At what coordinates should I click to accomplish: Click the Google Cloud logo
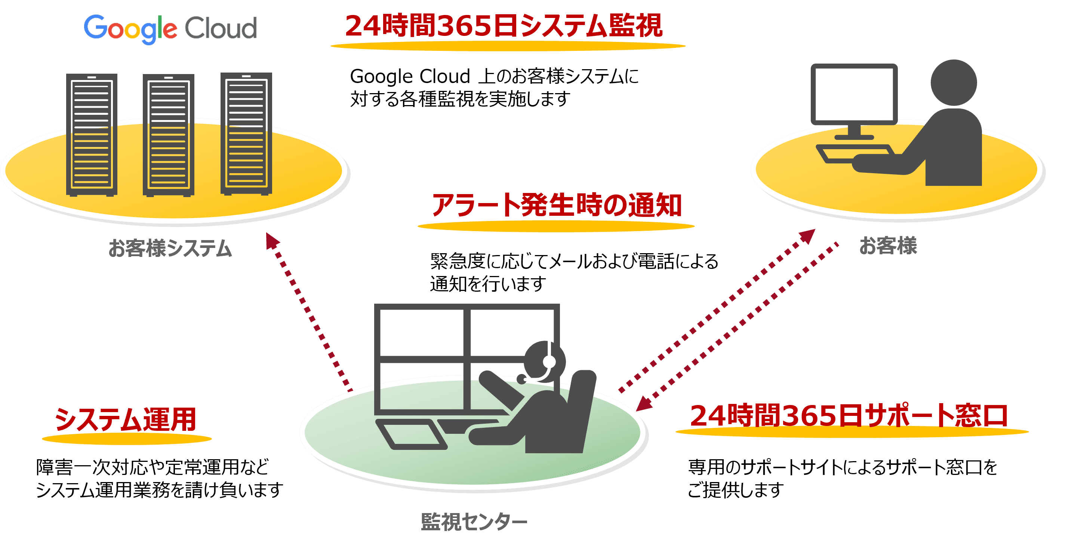point(170,30)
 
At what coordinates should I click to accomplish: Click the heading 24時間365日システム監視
point(504,26)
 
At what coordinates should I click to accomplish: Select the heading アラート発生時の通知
point(556,205)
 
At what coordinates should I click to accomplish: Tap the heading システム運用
point(125,419)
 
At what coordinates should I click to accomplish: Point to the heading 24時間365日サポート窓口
point(849,415)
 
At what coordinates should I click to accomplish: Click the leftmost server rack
point(92,135)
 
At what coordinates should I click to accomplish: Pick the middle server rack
point(168,135)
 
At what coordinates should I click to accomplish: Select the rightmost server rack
point(246,134)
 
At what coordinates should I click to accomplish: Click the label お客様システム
point(170,248)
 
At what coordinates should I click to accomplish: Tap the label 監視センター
point(474,522)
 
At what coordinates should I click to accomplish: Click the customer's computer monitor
point(854,94)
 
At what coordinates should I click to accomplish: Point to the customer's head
point(953,83)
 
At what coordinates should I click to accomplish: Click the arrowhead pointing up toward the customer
point(807,236)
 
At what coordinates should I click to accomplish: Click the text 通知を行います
point(488,284)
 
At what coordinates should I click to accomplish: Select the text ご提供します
point(735,490)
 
